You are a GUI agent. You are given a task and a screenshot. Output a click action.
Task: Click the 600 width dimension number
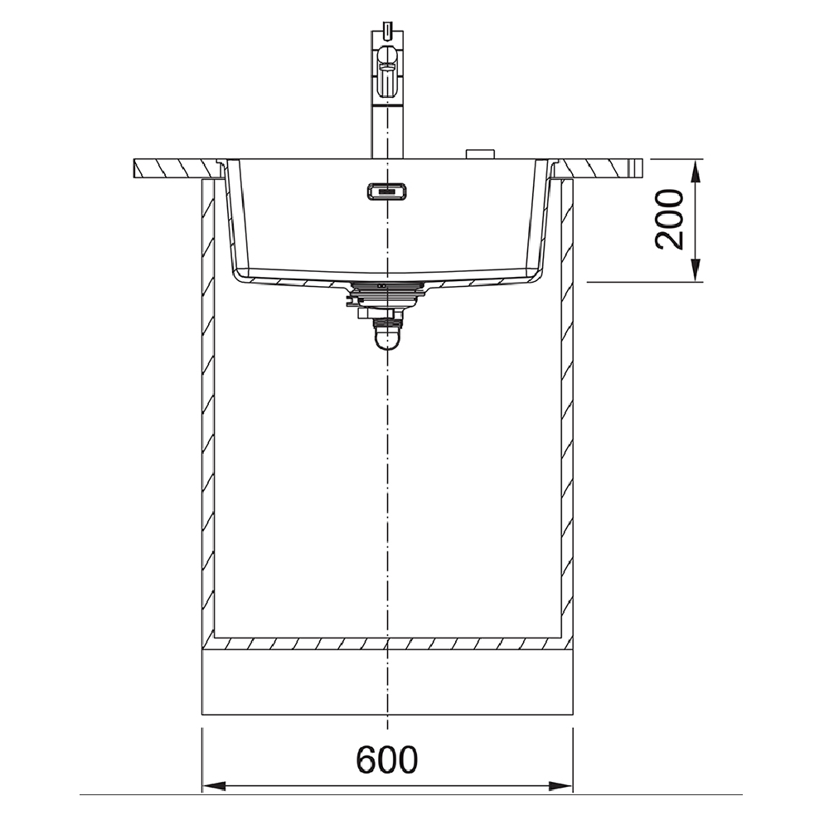(x=386, y=760)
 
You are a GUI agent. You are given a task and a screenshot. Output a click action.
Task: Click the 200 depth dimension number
(x=670, y=219)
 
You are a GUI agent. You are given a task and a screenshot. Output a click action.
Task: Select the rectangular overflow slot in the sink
(x=387, y=191)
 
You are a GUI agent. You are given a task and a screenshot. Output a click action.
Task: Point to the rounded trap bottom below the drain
(x=387, y=337)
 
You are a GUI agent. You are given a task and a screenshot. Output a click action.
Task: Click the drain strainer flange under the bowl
(x=387, y=288)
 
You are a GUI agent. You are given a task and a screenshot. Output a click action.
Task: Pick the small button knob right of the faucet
(x=480, y=153)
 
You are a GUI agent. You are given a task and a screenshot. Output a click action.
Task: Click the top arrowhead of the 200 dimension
(x=696, y=171)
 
